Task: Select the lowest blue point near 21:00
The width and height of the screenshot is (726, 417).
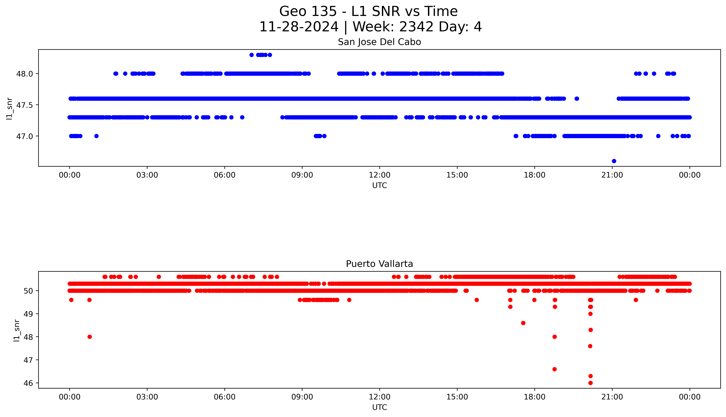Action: [614, 161]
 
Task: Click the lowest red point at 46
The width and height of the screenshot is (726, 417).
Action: [590, 383]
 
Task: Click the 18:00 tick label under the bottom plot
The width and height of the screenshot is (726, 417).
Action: [534, 397]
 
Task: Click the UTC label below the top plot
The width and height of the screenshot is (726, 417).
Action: [379, 186]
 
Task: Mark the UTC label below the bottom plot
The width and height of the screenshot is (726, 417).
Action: [379, 407]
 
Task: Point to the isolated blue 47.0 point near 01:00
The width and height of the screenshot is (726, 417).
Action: [97, 136]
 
